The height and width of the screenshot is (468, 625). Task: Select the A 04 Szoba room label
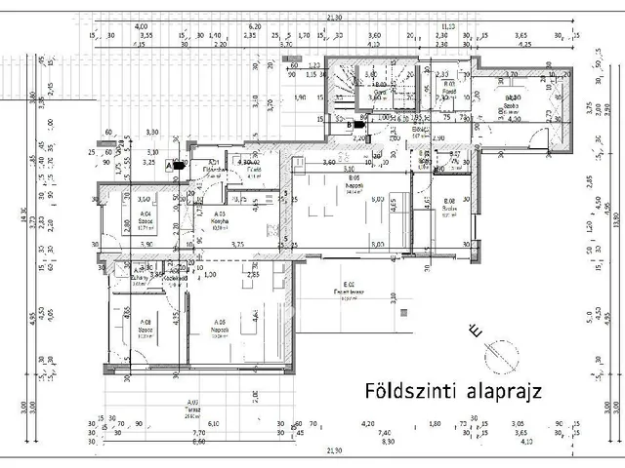pos(146,216)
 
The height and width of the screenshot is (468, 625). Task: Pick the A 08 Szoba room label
pos(146,326)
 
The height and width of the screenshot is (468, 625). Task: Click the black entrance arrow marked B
pos(357,124)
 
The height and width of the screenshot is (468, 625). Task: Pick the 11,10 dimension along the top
pos(447,26)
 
